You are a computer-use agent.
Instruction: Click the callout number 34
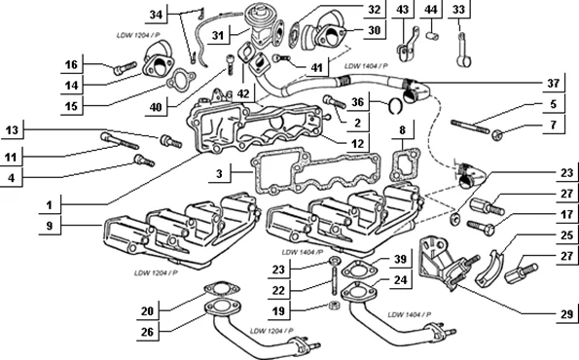coord(156,15)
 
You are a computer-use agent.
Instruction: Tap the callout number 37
coord(553,84)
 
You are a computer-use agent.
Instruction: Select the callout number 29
coord(566,314)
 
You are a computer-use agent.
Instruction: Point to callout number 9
coord(50,225)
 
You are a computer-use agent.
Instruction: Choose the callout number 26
coord(147,332)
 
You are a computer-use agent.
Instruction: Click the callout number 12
coord(357,143)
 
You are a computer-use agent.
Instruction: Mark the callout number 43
coord(402,9)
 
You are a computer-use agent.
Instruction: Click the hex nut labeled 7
coord(497,136)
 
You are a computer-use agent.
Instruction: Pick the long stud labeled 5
coord(470,126)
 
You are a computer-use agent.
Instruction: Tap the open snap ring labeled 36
coord(395,106)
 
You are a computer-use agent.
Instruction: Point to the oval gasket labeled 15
coord(181,79)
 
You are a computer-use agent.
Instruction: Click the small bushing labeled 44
coord(432,36)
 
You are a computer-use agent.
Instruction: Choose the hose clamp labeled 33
coord(464,50)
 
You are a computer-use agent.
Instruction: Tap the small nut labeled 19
coord(334,306)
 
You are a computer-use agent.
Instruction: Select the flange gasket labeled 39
coord(358,270)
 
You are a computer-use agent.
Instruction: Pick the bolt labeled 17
coord(481,225)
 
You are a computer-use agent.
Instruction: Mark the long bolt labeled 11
coord(120,141)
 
